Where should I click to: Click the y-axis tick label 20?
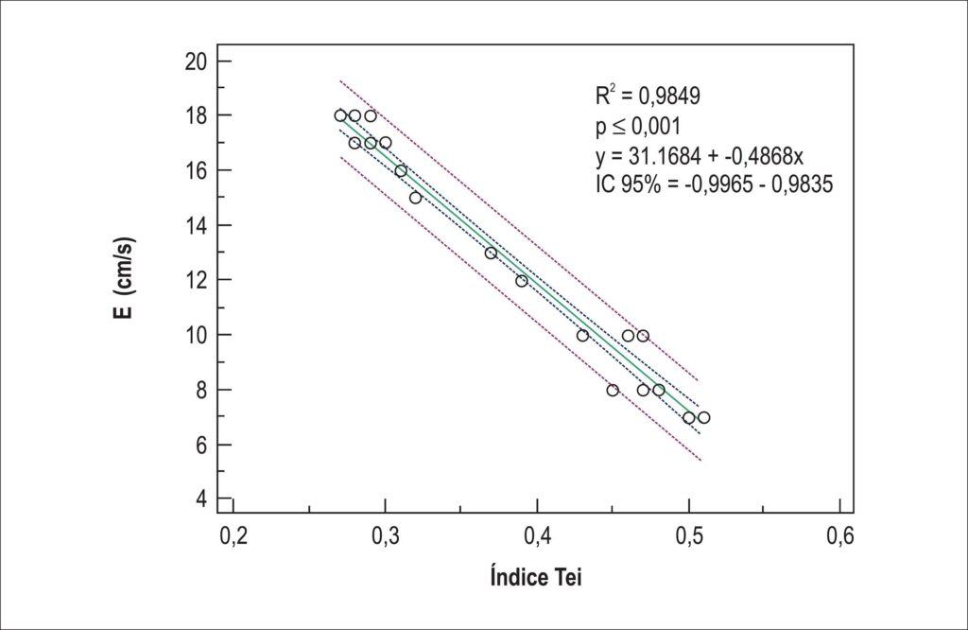197,61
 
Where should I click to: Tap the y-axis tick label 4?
202,499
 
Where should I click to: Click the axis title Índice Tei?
536,576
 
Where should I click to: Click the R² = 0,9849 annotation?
648,96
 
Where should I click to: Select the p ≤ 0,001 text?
638,126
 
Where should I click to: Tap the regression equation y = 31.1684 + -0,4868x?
700,156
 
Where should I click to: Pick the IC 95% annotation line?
715,184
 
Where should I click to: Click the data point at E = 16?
401,171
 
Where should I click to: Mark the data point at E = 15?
416,199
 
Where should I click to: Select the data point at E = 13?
491,254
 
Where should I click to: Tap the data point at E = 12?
522,281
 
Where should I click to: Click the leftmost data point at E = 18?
340,115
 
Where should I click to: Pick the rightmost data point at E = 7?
703,417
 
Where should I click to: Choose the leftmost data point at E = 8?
613,391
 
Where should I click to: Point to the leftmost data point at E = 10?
582,336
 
